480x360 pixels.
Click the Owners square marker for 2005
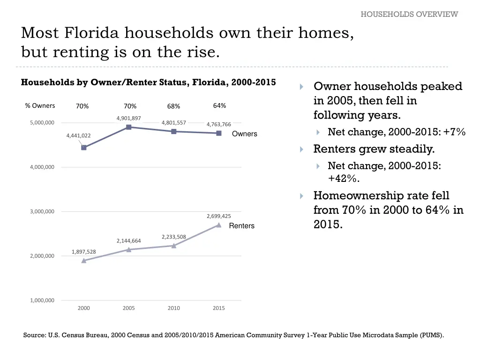pyautogui.click(x=129, y=127)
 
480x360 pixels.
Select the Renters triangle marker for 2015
pyautogui.click(x=218, y=225)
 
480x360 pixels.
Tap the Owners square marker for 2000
pyautogui.click(x=84, y=148)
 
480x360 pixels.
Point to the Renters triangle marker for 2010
pyautogui.click(x=173, y=246)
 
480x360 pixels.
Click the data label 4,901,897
pyautogui.click(x=129, y=118)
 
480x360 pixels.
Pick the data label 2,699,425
pyautogui.click(x=218, y=216)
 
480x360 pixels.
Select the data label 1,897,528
pyautogui.click(x=84, y=252)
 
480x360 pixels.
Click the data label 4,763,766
pyautogui.click(x=218, y=124)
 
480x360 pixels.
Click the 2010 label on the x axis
pyautogui.click(x=173, y=308)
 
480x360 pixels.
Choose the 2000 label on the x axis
pyautogui.click(x=84, y=308)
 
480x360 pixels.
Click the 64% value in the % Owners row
pyautogui.click(x=219, y=105)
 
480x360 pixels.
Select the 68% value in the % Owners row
pyautogui.click(x=173, y=106)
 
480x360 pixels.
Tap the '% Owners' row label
pyautogui.click(x=40, y=105)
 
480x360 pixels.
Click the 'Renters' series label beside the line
pyautogui.click(x=241, y=226)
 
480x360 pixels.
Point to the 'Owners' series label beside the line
pyautogui.click(x=244, y=134)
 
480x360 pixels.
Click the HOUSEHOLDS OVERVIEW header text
pyautogui.click(x=409, y=14)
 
